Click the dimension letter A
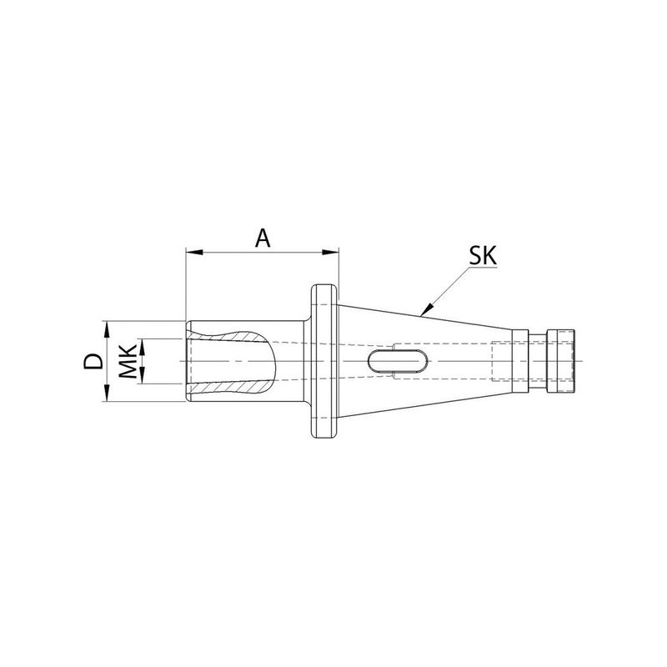[263, 238]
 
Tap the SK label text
[483, 256]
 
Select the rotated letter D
[93, 361]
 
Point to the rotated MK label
[128, 361]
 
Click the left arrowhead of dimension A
[193, 253]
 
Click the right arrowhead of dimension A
[330, 253]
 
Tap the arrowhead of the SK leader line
[426, 309]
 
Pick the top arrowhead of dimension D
[107, 329]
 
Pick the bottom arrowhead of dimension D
[107, 393]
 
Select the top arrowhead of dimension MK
[143, 347]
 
